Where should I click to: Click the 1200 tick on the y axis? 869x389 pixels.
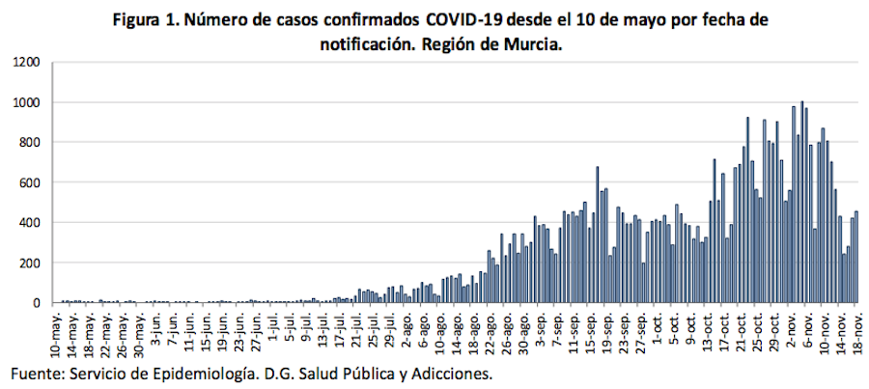[26, 63]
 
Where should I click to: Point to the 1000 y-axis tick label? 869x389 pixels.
[26, 102]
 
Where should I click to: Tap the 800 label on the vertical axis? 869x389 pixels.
[29, 143]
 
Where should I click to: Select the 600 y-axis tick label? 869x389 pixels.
[29, 183]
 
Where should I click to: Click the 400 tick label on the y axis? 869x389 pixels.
[29, 223]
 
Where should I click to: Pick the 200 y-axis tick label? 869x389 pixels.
[29, 264]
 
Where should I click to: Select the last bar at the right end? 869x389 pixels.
[855, 258]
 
